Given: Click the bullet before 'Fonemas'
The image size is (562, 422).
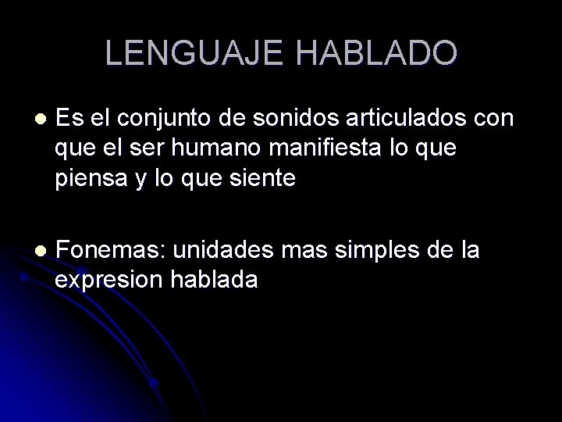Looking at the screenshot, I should (x=41, y=252).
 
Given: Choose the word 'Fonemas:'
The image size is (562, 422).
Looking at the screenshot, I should (x=111, y=251).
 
